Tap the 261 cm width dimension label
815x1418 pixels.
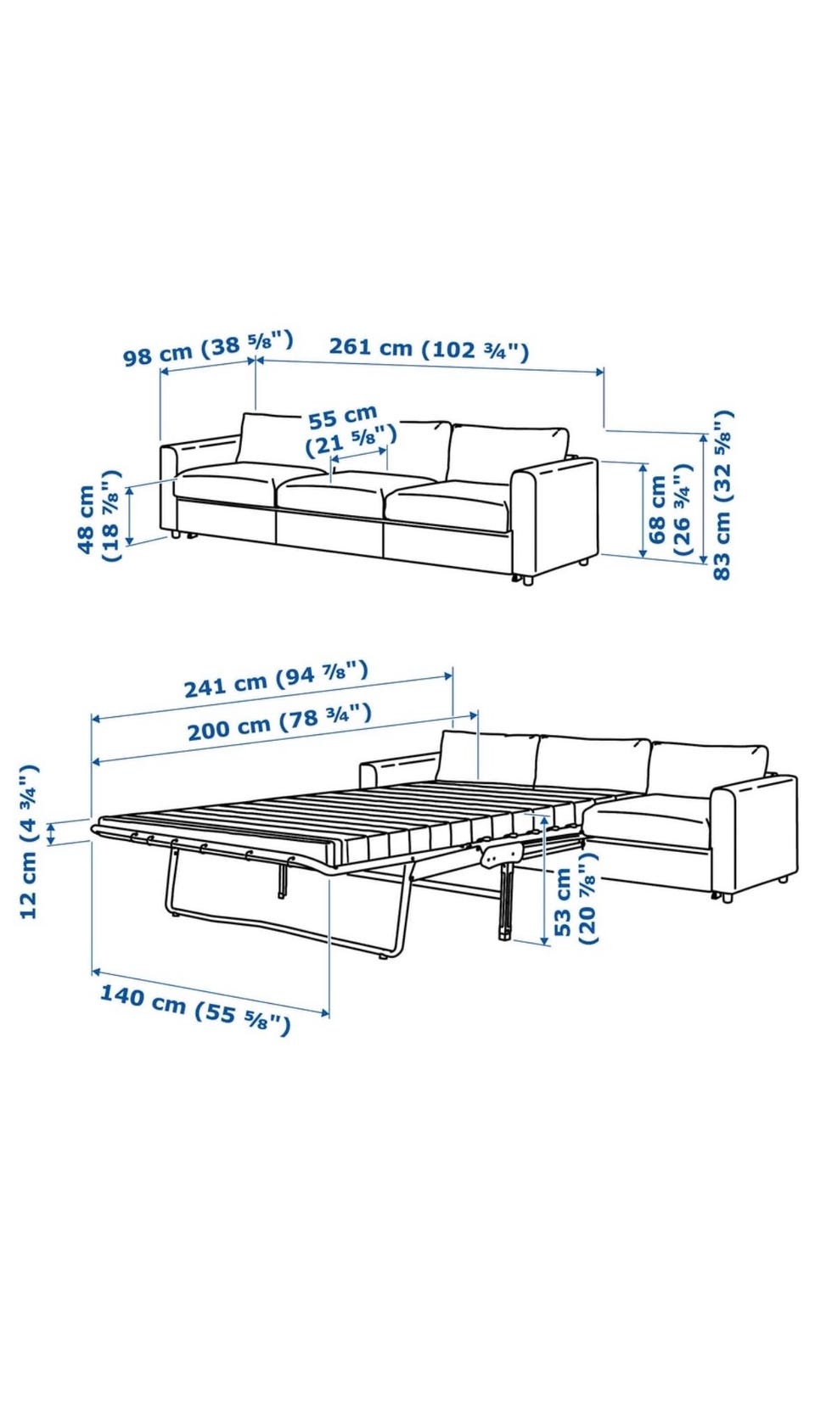point(429,348)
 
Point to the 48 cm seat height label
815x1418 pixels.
point(98,515)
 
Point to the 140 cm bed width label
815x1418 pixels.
point(195,1009)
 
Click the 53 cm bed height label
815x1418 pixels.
point(575,899)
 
